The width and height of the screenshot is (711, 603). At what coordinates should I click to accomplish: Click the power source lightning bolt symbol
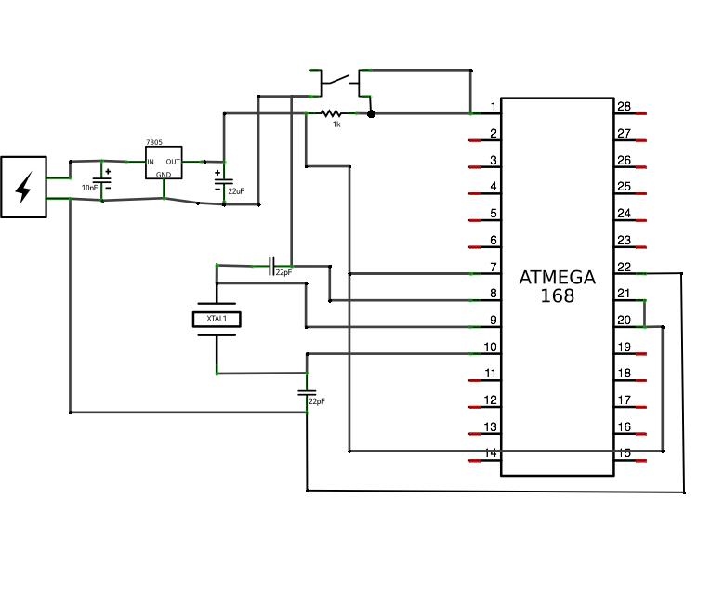click(23, 187)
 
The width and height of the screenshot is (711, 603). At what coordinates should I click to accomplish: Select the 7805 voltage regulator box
click(163, 164)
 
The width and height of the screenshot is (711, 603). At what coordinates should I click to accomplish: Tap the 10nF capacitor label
click(89, 188)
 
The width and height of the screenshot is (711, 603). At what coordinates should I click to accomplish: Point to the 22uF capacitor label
click(236, 190)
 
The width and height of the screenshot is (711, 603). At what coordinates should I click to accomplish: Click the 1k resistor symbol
click(332, 113)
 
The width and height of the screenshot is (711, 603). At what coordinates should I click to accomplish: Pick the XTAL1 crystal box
click(216, 319)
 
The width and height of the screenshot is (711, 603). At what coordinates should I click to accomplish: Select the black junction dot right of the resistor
click(371, 113)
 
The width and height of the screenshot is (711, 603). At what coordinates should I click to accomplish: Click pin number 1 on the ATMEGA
click(494, 107)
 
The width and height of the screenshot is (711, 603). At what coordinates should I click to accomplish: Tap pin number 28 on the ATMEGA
click(624, 107)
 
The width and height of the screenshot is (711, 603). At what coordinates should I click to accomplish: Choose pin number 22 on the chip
click(624, 268)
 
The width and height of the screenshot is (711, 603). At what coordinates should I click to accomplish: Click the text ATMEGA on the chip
click(558, 277)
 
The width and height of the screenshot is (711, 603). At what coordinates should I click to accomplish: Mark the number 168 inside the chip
click(558, 296)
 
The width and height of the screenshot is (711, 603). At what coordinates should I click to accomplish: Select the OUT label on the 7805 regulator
click(173, 162)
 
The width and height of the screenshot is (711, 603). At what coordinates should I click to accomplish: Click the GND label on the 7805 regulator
click(163, 174)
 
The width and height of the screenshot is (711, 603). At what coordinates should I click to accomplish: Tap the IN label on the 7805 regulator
click(151, 162)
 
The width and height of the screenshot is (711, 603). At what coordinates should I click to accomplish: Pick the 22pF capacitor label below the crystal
click(317, 401)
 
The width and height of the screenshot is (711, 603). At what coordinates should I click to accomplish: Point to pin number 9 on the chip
click(494, 321)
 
